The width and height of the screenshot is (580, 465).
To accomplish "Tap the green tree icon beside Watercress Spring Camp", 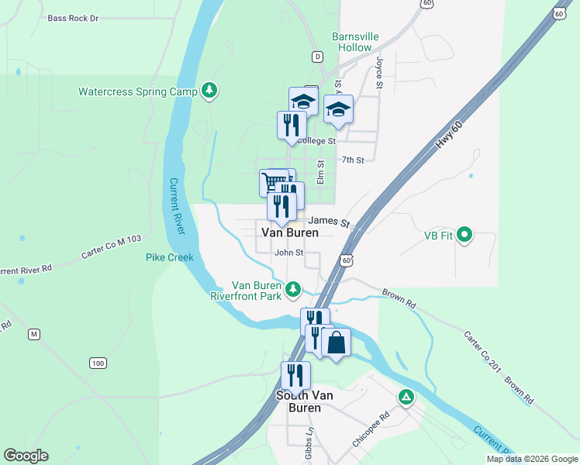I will pos(209,91).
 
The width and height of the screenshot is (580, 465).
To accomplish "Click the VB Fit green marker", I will pos(464,233).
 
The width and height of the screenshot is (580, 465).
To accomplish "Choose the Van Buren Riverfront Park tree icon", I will pos(292,289).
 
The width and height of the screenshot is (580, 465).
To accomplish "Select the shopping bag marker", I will pos(337,342).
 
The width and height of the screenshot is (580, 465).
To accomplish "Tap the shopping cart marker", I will pos(271,182).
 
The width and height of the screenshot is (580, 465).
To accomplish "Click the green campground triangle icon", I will pos(405,398).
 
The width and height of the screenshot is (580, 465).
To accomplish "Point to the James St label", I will pos(329,221).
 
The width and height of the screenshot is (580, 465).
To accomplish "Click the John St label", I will pos(288,253).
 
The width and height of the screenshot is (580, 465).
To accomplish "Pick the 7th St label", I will pos(353,160).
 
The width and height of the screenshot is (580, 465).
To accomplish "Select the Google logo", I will pos(26,456).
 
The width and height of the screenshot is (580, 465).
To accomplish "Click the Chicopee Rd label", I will pos(373,434).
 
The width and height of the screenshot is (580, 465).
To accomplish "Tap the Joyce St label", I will pos(380,72).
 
